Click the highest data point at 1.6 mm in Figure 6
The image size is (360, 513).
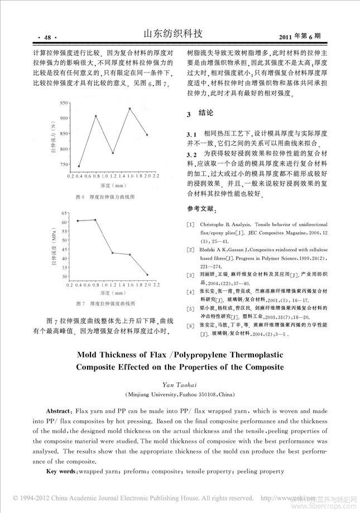(129, 108)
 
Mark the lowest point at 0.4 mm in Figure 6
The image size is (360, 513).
(79, 166)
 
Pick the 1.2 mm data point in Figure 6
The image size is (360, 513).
(113, 152)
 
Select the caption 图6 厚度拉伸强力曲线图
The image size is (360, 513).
(104, 197)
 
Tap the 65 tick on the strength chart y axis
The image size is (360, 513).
(64, 213)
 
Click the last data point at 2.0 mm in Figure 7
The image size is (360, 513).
(147, 275)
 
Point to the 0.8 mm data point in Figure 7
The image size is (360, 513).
(95, 220)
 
